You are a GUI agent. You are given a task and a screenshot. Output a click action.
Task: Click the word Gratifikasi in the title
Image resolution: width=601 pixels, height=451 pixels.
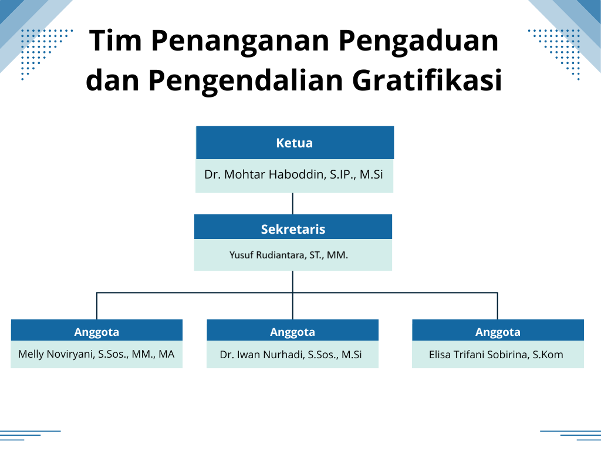click(427, 80)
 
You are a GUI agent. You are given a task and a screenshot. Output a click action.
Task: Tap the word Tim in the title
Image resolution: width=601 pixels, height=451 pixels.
click(116, 40)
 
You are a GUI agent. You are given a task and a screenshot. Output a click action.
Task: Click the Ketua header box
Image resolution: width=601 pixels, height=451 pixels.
click(295, 143)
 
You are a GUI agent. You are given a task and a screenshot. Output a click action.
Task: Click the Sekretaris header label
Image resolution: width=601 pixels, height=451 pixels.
click(293, 229)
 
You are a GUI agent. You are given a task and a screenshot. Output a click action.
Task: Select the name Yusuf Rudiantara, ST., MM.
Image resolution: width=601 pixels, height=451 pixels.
click(289, 255)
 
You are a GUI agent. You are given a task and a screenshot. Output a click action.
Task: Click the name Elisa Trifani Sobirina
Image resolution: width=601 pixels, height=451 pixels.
click(479, 354)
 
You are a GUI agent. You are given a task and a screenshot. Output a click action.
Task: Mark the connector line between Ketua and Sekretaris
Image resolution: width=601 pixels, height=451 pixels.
click(293, 204)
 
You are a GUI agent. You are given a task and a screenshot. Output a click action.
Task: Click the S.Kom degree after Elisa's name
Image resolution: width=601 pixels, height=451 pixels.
click(548, 354)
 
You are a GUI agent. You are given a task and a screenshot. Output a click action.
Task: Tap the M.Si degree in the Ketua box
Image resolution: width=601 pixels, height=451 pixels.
click(371, 174)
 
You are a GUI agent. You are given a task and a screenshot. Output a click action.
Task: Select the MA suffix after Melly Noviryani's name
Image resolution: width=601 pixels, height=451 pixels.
click(166, 354)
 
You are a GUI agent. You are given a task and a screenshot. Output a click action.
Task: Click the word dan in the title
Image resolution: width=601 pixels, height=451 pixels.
click(112, 80)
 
